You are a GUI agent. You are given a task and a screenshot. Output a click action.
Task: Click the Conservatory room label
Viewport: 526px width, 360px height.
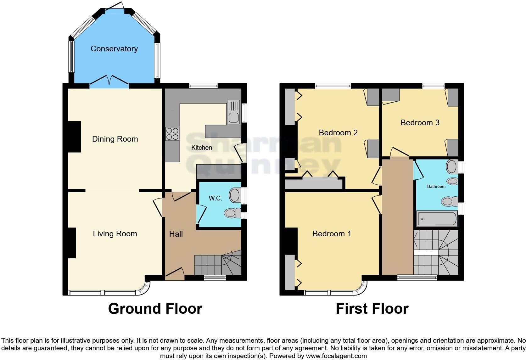[114, 48]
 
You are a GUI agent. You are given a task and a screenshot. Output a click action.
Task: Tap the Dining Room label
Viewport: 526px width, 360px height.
[115, 139]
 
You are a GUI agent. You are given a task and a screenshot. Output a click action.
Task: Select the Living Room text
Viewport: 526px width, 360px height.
[115, 234]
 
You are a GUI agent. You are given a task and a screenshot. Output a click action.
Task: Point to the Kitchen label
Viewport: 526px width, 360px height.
[201, 148]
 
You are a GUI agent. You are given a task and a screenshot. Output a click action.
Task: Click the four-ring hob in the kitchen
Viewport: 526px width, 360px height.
[172, 134]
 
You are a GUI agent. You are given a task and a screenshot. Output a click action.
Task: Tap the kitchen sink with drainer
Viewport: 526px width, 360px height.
[233, 112]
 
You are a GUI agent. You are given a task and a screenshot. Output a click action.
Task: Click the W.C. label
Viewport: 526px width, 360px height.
[215, 198]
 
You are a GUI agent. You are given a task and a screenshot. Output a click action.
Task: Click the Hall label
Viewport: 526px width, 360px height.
[176, 234]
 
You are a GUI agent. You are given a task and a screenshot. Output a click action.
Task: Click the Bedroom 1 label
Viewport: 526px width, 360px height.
[332, 234]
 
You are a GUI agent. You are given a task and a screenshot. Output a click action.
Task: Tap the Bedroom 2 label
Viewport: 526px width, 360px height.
[338, 133]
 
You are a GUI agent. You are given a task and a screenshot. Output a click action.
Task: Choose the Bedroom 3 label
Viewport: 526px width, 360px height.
[420, 123]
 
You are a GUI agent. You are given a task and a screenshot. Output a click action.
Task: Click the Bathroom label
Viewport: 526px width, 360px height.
[436, 187]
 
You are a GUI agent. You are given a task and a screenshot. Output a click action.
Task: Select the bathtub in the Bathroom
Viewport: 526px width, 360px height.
[437, 219]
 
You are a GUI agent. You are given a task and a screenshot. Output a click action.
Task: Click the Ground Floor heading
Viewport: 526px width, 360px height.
[155, 309]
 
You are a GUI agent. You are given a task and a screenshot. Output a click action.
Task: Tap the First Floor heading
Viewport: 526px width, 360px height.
[372, 309]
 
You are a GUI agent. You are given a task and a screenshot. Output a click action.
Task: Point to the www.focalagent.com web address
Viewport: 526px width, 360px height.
[336, 356]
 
